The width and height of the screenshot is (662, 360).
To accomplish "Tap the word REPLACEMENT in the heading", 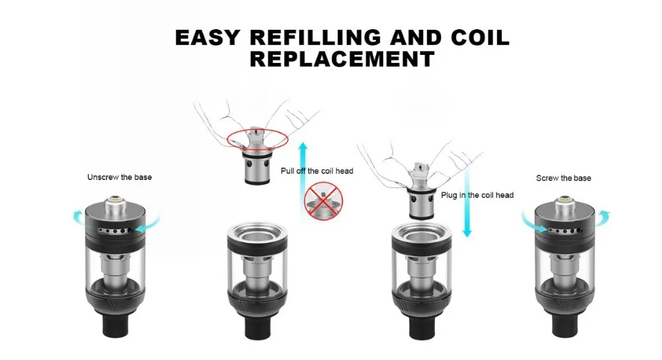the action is (342, 59).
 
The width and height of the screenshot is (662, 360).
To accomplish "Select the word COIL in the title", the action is (481, 38).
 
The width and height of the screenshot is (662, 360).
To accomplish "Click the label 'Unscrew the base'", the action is (119, 177).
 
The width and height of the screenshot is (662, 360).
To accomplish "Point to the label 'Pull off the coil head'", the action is (317, 171).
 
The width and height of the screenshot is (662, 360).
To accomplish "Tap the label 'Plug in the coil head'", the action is (477, 195).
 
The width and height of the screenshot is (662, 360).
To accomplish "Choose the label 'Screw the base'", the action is (563, 178).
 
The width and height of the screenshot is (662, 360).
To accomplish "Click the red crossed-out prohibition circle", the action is (324, 202).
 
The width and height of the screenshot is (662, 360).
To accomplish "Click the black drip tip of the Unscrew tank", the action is (116, 325).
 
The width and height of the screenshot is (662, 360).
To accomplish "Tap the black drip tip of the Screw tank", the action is (565, 325).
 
